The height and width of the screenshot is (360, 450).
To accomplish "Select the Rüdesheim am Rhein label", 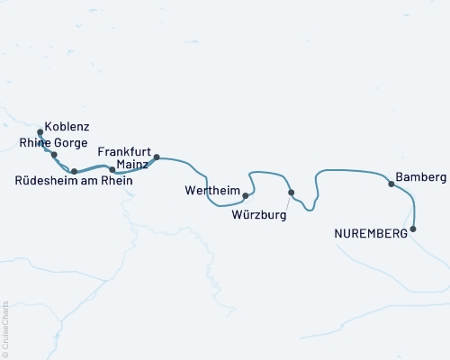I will (74, 181).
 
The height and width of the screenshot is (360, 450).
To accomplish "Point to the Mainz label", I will (132, 166).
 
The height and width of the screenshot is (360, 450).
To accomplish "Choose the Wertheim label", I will (211, 191).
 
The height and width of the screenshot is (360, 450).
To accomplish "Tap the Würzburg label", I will (258, 216).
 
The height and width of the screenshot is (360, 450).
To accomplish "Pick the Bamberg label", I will (420, 179).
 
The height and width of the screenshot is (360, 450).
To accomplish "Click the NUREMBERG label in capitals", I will (370, 234).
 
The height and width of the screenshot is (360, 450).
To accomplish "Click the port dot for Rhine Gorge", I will (55, 155).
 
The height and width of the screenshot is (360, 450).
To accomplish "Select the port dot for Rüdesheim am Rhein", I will (75, 170).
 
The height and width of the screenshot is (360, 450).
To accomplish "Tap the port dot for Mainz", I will (112, 169).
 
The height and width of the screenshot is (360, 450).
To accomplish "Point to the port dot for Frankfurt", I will (157, 158).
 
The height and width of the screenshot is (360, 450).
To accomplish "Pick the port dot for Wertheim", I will (246, 194).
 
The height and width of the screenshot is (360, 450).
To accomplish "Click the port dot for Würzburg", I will (291, 193).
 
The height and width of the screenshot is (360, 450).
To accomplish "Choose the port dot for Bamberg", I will (391, 184).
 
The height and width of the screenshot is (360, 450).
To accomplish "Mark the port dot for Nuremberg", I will (413, 229).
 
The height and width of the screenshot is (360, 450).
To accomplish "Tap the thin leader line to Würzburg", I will (287, 202).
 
